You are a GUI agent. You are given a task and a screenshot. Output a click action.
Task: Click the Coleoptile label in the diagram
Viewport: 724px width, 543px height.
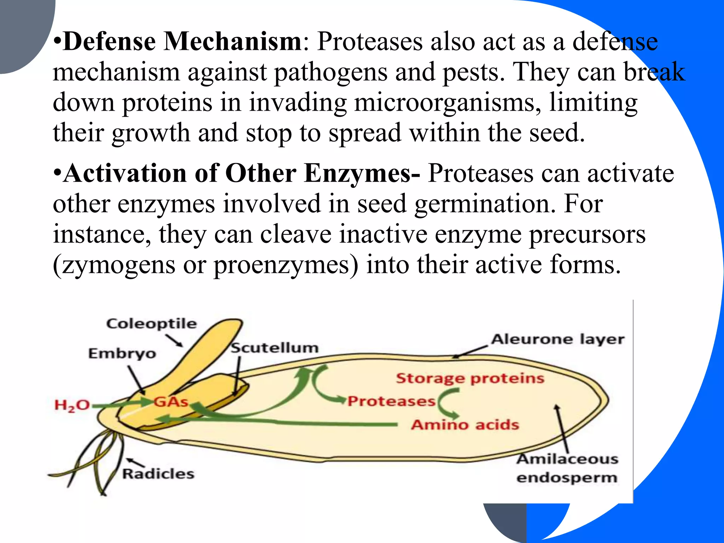(151, 324)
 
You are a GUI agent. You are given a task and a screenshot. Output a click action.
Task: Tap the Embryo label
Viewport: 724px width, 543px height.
(122, 354)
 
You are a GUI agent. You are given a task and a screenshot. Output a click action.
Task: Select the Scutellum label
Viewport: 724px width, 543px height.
(274, 348)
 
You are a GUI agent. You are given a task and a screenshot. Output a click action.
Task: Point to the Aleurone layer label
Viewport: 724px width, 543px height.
(557, 339)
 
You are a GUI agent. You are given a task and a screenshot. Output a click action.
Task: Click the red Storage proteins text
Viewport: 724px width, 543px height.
(470, 378)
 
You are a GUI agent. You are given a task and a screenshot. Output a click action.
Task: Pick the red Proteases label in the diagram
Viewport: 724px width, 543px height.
(391, 401)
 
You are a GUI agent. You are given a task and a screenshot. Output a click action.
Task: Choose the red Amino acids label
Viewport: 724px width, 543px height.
(465, 425)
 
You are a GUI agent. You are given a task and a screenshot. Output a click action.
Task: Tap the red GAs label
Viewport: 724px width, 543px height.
(171, 402)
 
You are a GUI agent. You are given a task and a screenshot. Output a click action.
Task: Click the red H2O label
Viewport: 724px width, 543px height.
(72, 405)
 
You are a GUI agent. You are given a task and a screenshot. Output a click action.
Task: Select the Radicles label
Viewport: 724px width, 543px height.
(158, 474)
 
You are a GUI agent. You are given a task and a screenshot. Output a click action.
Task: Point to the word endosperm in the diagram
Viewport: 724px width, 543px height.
(567, 478)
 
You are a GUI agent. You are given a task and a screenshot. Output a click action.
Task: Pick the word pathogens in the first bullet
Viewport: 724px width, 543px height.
(330, 72)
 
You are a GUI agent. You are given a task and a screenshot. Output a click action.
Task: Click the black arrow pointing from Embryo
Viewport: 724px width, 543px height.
(136, 380)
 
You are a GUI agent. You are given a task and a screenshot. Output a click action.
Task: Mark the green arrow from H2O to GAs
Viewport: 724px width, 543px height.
(122, 404)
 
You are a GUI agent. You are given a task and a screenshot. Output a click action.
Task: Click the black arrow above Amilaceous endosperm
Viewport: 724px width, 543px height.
(562, 428)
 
